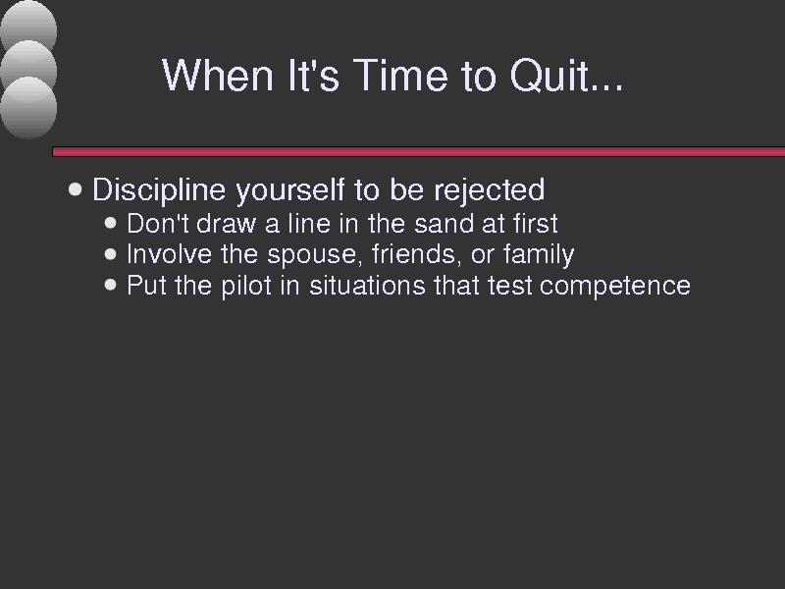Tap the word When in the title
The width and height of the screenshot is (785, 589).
click(218, 75)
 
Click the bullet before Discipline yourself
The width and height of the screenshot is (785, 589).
click(75, 189)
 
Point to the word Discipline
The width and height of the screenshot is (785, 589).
click(159, 190)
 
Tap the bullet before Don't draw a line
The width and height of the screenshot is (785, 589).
click(110, 223)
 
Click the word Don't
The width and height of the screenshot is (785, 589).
click(158, 224)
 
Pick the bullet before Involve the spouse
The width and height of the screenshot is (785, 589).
click(110, 254)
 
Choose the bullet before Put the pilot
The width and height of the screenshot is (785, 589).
click(110, 285)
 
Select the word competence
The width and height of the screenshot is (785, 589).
click(615, 286)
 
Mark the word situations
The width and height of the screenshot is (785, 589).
click(367, 286)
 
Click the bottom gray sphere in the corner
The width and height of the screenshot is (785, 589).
click(28, 108)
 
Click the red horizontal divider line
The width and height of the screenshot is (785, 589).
click(419, 152)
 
